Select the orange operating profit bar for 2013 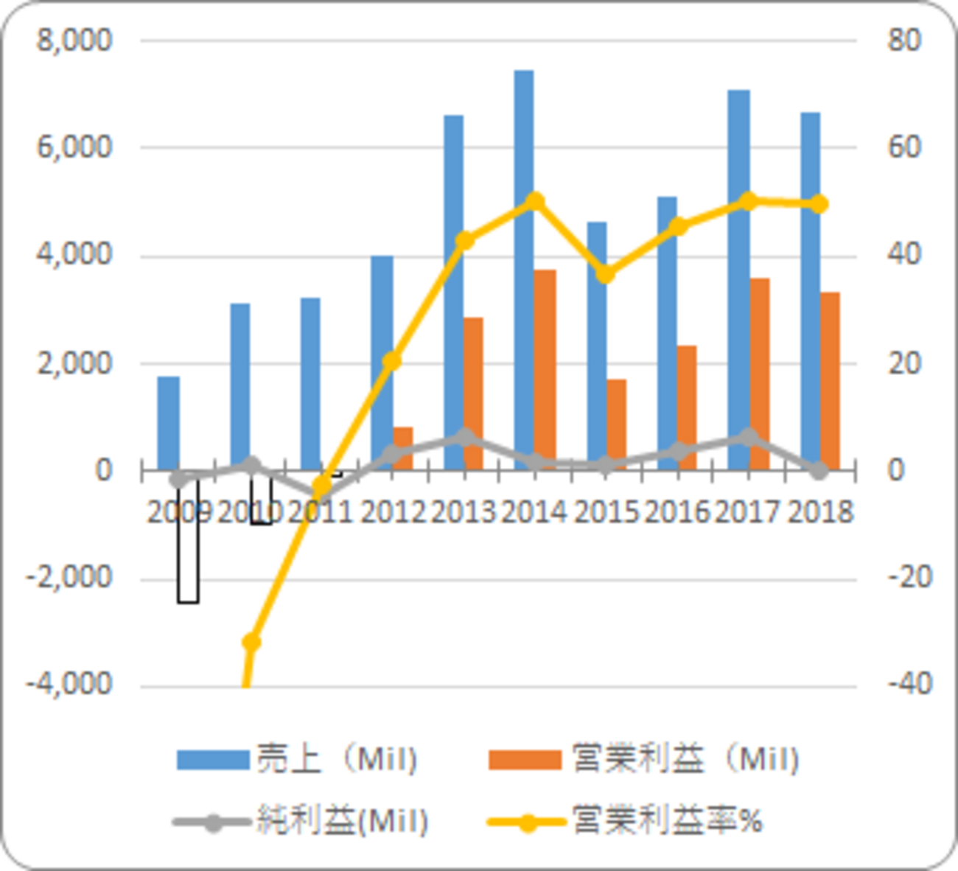pos(473,393)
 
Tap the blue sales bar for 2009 pos(169,423)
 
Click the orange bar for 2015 pos(617,424)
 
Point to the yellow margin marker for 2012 pos(392,361)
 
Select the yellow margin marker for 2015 pos(606,274)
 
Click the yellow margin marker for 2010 pos(251,643)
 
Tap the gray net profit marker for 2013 pos(464,438)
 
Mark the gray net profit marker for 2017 pos(749,438)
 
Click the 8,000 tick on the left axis pos(74,40)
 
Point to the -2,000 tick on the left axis pos(69,578)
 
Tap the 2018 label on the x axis pos(820,511)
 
